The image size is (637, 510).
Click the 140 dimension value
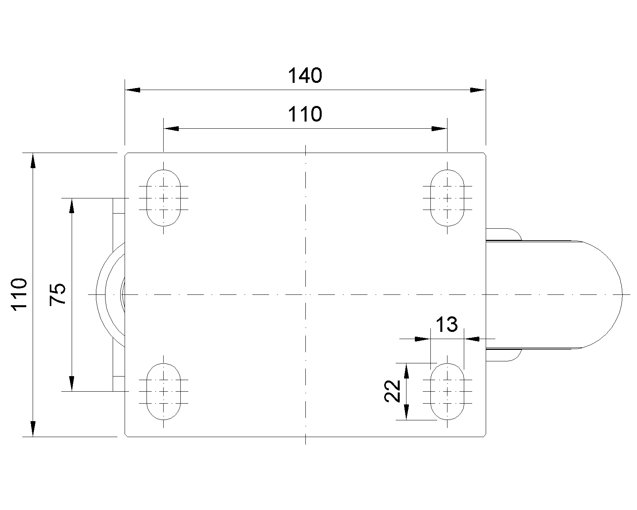click(305, 76)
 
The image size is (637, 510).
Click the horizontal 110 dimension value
click(305, 114)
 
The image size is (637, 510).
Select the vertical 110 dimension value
click(19, 294)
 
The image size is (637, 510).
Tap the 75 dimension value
click(57, 294)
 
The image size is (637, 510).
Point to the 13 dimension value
click(447, 324)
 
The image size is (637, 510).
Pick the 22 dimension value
click(392, 391)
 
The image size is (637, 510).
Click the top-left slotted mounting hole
click(163, 198)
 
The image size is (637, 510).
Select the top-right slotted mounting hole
click(447, 198)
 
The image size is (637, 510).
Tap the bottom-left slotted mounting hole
click(163, 391)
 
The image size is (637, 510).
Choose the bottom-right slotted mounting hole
click(447, 391)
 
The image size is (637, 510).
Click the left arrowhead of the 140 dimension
click(132, 90)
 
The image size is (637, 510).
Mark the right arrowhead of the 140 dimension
click(478, 90)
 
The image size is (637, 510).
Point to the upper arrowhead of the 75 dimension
click(72, 206)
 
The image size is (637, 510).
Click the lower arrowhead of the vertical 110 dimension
click(33, 429)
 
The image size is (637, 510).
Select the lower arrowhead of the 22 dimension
click(406, 412)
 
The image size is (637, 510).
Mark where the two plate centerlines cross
click(305, 294)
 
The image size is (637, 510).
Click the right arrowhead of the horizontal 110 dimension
click(439, 128)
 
